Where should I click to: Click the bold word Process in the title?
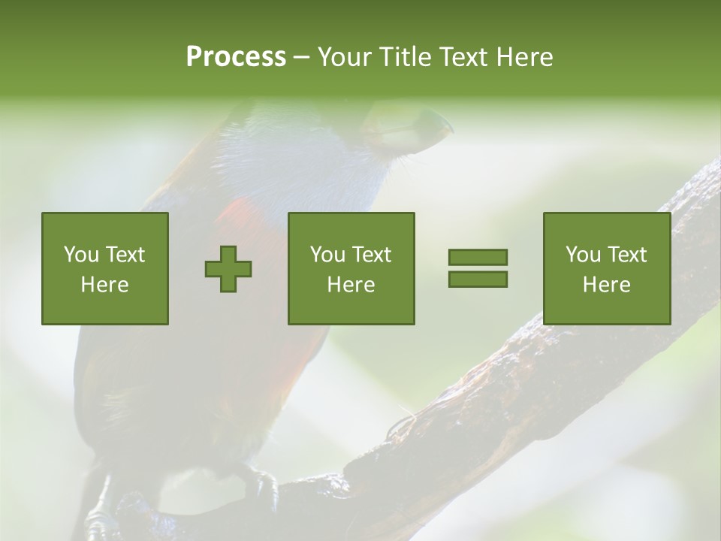click(236, 57)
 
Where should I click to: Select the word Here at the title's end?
click(525, 57)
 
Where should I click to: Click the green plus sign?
click(228, 268)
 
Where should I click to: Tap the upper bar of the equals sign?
click(478, 257)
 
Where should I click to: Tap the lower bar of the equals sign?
click(478, 279)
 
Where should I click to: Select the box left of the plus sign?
click(105, 268)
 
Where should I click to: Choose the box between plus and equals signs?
click(351, 268)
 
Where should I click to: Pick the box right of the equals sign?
click(607, 268)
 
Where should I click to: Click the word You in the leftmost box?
click(82, 255)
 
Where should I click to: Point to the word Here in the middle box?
click(351, 285)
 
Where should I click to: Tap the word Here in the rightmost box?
click(607, 285)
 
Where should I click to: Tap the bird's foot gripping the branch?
click(259, 485)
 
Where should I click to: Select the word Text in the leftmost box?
click(126, 255)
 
